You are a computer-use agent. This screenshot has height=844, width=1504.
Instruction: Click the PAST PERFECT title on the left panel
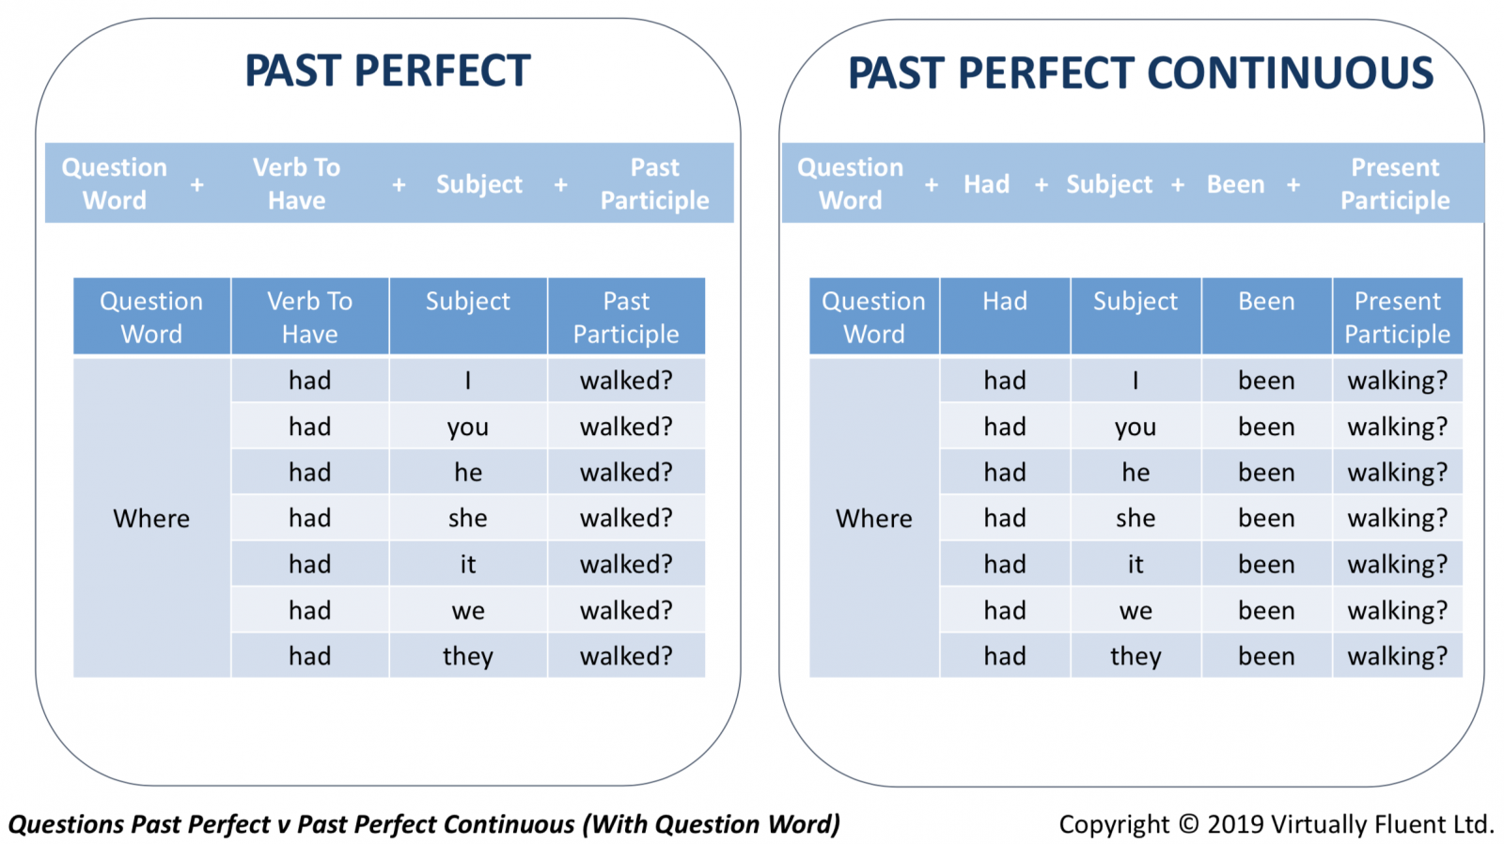[x=387, y=71]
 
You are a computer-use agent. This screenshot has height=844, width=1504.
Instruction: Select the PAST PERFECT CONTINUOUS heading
[x=1141, y=72]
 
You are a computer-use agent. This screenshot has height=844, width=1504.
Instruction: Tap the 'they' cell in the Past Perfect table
[x=468, y=656]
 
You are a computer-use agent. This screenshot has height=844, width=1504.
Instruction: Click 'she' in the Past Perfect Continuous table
[x=1136, y=519]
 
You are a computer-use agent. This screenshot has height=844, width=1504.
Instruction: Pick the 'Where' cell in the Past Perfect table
[x=151, y=519]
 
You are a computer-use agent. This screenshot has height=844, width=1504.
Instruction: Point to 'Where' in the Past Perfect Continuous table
[x=873, y=519]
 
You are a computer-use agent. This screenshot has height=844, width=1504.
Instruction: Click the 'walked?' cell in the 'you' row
[x=626, y=427]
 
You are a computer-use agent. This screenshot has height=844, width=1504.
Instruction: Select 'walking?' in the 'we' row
[x=1397, y=610]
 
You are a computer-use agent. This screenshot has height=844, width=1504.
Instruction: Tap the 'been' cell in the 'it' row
[x=1266, y=564]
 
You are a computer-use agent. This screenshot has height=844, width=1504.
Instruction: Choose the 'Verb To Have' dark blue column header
[x=309, y=316]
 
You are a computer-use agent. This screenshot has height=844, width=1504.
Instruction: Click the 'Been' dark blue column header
[x=1266, y=316]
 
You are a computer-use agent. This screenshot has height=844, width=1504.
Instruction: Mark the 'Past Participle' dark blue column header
[x=626, y=316]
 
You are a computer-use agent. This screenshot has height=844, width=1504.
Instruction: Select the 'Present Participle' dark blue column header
[x=1397, y=316]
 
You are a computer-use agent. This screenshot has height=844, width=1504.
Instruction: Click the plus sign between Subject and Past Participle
[x=560, y=184]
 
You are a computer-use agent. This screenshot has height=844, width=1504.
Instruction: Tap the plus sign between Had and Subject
[x=1042, y=184]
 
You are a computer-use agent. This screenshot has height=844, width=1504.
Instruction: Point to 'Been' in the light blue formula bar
[x=1235, y=184]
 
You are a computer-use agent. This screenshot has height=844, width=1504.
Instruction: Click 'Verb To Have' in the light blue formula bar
[x=297, y=183]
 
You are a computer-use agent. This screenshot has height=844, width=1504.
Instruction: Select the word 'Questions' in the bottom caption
[x=67, y=824]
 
